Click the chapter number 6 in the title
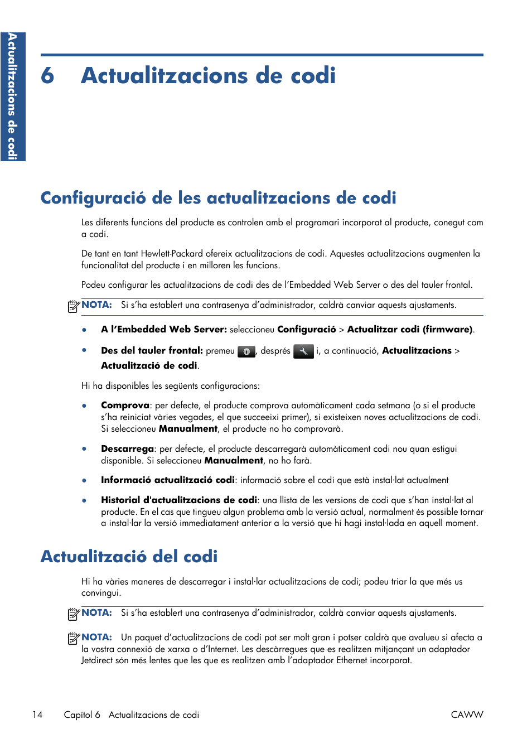[x=47, y=76]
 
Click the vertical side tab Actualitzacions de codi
[x=12, y=96]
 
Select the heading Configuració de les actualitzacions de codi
[x=218, y=198]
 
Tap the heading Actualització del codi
[x=129, y=556]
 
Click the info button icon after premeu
[x=246, y=351]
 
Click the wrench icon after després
[x=303, y=351]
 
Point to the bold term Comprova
[x=125, y=406]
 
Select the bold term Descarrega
[x=127, y=449]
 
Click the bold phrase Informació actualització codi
[x=167, y=480]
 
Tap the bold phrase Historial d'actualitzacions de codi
[x=178, y=500]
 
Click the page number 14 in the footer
[x=37, y=715]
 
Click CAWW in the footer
[x=467, y=715]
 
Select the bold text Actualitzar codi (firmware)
[x=410, y=330]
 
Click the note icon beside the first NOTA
[x=74, y=306]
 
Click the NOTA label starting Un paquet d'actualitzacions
[x=96, y=637]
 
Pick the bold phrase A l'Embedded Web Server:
[x=163, y=330]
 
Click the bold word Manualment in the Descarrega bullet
[x=234, y=461]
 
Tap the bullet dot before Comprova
[x=84, y=406]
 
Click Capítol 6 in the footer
[x=82, y=715]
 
